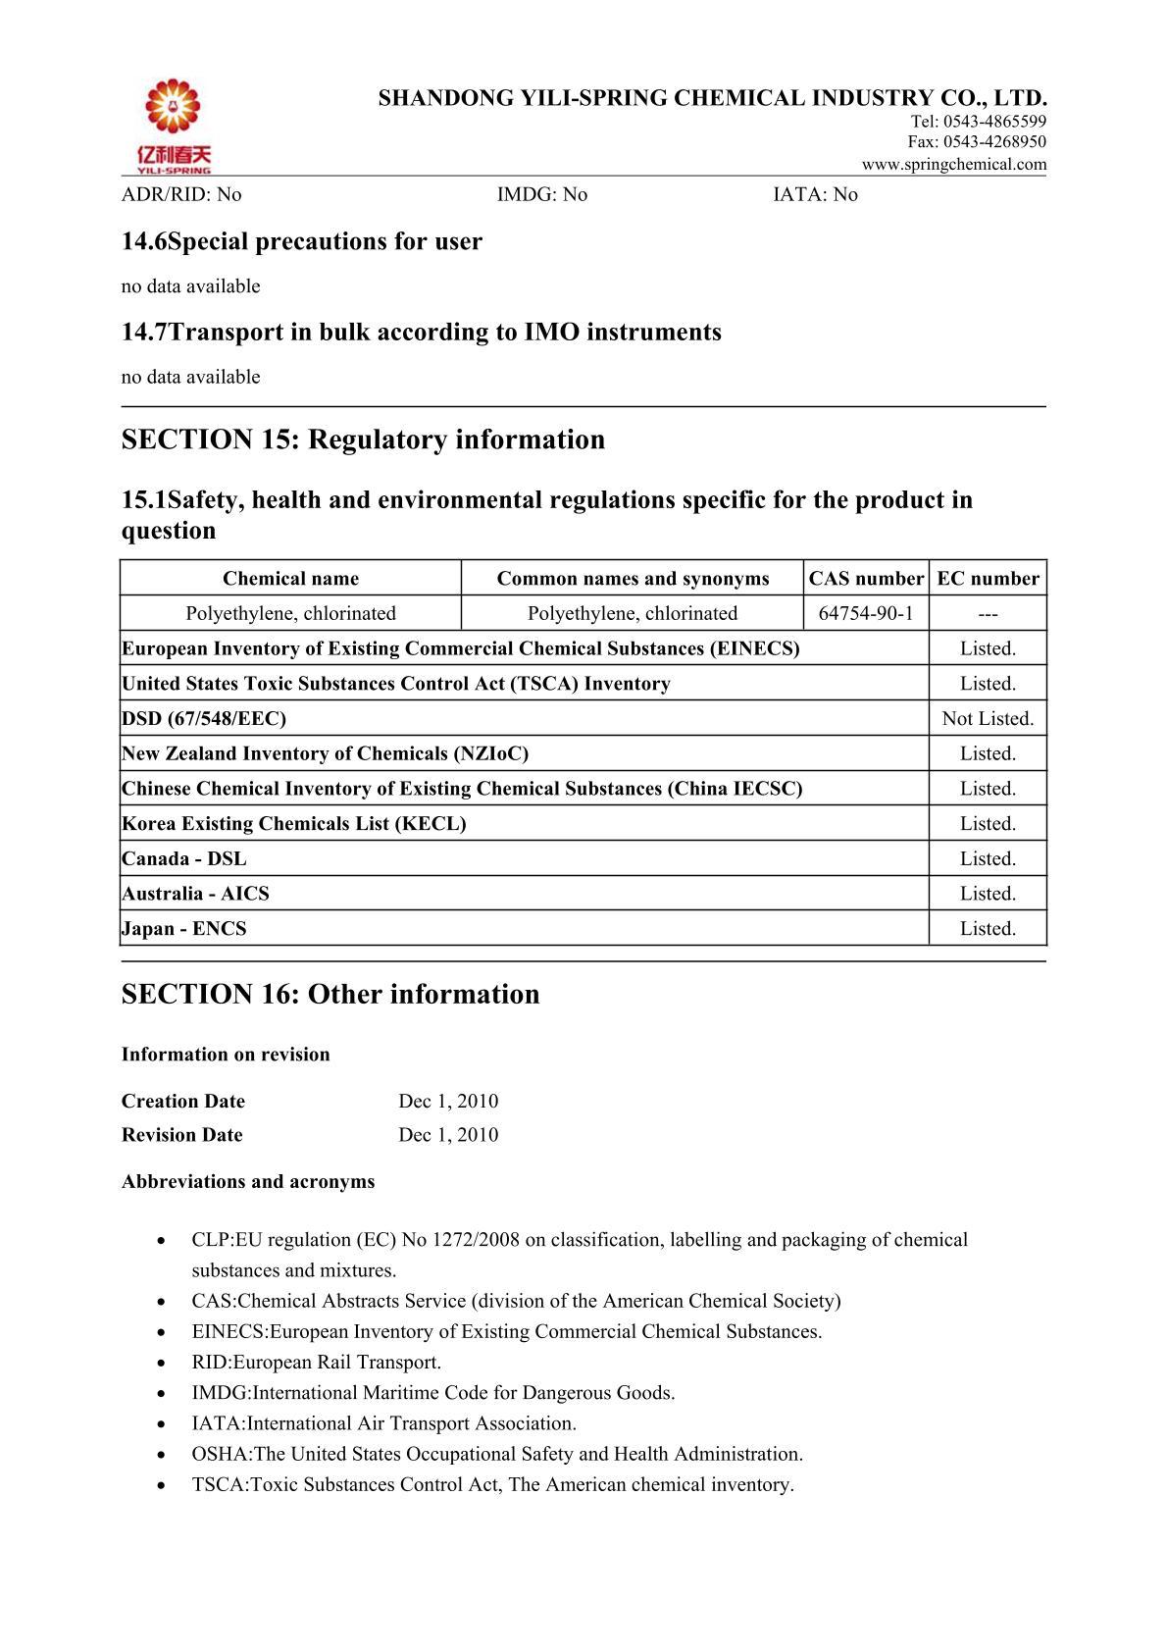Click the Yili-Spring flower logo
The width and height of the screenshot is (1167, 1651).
(173, 124)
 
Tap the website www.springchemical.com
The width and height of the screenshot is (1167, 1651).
(953, 165)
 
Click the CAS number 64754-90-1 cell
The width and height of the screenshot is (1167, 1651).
(865, 614)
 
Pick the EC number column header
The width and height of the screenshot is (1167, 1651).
(988, 579)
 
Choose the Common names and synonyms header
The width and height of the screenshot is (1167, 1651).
(633, 579)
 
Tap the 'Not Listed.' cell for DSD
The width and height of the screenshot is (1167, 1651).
(988, 719)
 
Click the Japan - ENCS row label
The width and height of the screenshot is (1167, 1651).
(184, 929)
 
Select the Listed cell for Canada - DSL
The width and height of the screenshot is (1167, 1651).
(988, 859)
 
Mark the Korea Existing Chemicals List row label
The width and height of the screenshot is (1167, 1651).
(294, 824)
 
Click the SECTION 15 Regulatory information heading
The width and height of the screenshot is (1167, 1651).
(363, 439)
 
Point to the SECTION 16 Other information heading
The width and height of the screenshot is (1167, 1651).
(330, 995)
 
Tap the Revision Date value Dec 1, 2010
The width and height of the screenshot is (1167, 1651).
(448, 1135)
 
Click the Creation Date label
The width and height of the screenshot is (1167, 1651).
(183, 1102)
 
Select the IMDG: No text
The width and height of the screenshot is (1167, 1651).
(542, 194)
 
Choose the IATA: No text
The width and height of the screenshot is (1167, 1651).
(815, 194)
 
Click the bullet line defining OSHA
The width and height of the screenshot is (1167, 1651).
(497, 1454)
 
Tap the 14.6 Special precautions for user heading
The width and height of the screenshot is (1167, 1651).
(302, 241)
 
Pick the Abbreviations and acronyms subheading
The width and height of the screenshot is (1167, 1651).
(248, 1182)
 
